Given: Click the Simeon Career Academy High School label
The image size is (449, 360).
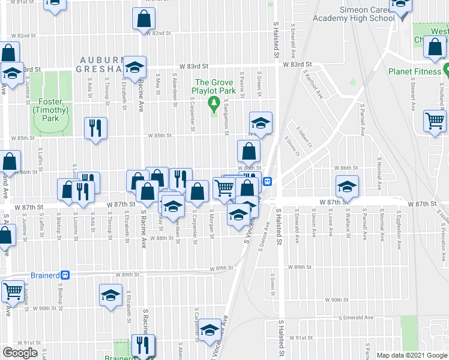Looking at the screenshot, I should pos(367,14).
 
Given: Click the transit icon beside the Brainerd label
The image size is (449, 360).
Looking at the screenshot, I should pos(65,275).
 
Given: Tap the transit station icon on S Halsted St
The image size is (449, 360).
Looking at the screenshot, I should pos(270,181).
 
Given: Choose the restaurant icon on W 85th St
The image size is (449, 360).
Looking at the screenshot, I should pos(95,128).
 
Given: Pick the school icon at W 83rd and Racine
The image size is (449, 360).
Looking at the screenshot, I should pos(135,67).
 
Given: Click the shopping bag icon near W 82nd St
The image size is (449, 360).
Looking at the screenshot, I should pos(144,20).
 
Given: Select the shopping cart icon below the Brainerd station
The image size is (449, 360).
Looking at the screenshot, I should pos(12,292).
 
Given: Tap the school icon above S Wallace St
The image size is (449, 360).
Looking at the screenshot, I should pos(346,187).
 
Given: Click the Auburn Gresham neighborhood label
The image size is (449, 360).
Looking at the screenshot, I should pos(107,65).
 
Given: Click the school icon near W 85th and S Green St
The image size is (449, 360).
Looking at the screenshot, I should pos(261,123).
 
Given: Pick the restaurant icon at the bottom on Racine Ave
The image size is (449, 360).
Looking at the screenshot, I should pos(143,346).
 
